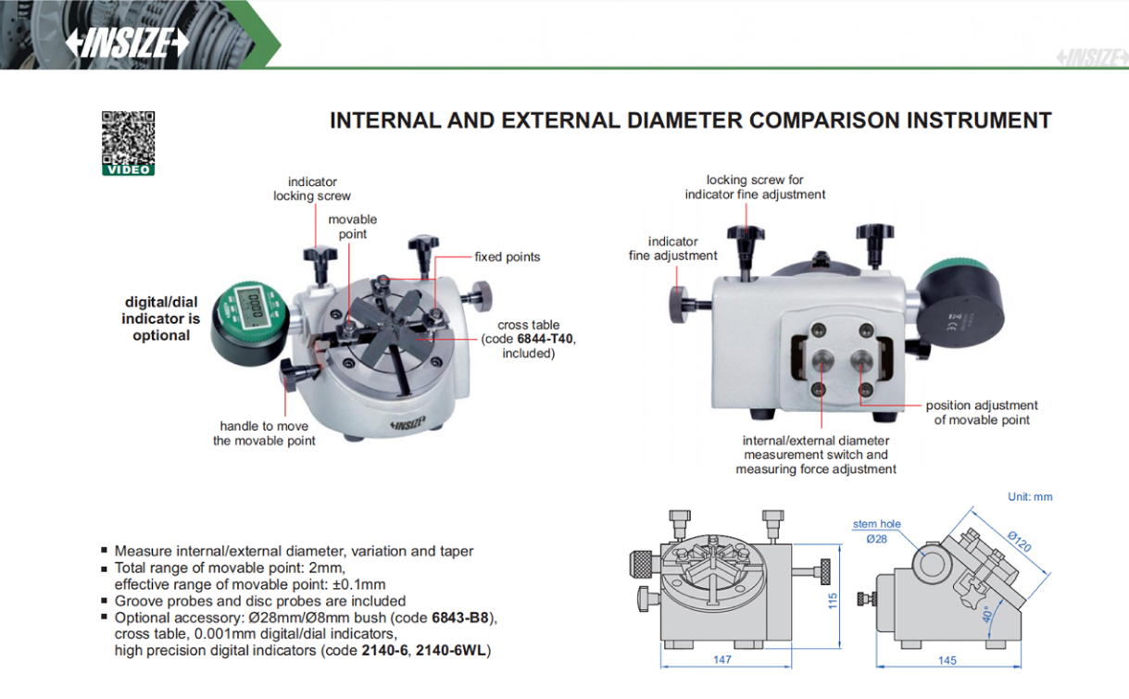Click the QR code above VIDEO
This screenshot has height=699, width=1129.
(128, 137)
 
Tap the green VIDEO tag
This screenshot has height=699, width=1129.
(128, 169)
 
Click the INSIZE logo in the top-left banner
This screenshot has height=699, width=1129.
(127, 43)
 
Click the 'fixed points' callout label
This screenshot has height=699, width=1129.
(507, 256)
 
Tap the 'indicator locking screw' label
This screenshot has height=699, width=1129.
(312, 189)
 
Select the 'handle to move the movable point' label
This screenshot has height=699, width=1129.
(264, 433)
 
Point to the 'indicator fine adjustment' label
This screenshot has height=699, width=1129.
(673, 248)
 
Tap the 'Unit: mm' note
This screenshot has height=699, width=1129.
(1030, 497)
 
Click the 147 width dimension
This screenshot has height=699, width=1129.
(722, 660)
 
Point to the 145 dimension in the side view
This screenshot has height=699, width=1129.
(947, 660)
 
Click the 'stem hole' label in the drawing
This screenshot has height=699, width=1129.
(876, 524)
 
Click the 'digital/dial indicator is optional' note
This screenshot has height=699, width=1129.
(161, 318)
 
